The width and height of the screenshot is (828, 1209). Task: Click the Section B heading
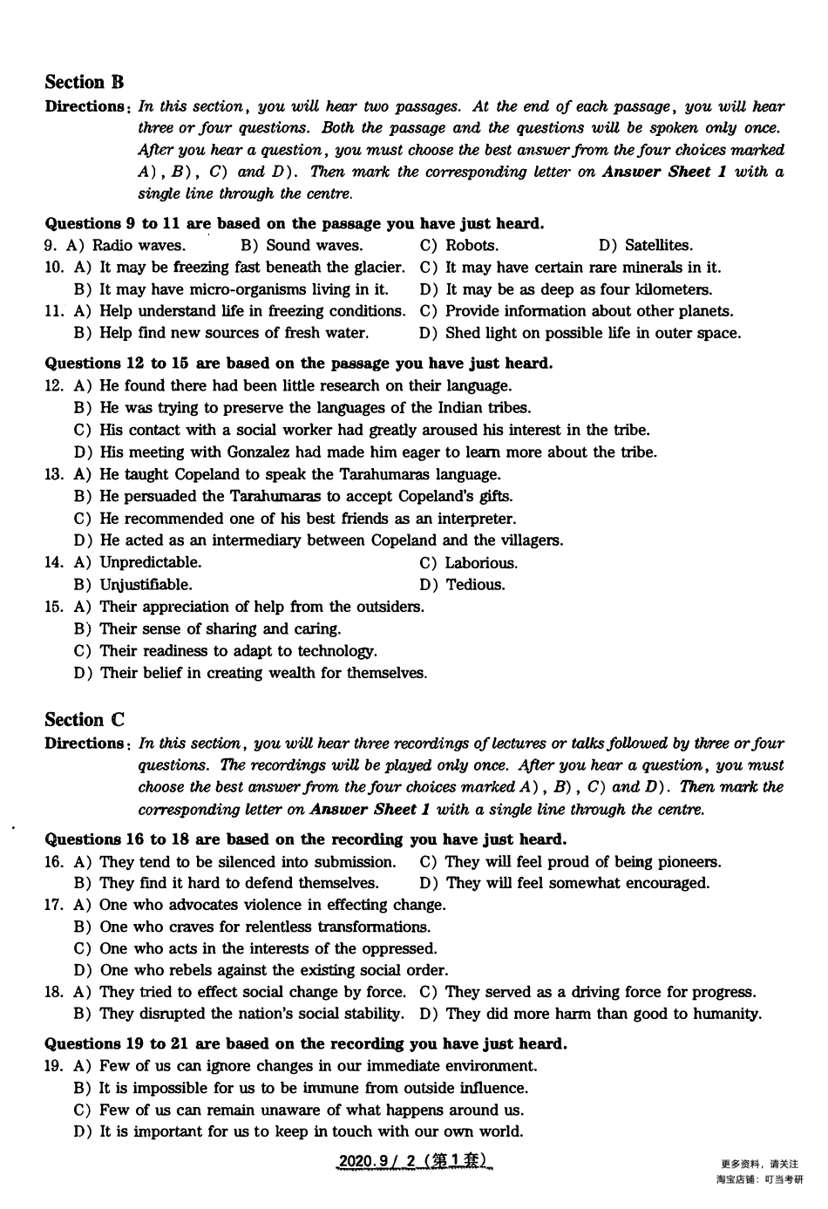85,82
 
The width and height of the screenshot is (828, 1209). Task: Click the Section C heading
85,720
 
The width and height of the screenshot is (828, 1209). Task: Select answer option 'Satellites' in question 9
658,245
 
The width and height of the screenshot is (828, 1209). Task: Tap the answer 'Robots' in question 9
472,245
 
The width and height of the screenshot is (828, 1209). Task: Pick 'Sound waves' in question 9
314,245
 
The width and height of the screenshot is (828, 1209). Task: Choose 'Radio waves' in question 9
139,245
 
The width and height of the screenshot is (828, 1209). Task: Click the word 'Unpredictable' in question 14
150,562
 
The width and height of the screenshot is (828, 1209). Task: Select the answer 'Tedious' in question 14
475,584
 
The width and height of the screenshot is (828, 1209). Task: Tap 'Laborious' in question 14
481,562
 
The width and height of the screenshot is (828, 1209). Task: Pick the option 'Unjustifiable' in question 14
146,584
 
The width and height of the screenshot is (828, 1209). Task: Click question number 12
53,385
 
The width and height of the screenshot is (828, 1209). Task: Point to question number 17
53,904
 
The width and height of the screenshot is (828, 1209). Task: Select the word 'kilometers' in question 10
673,289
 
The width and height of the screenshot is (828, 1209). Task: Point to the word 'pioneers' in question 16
688,861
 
